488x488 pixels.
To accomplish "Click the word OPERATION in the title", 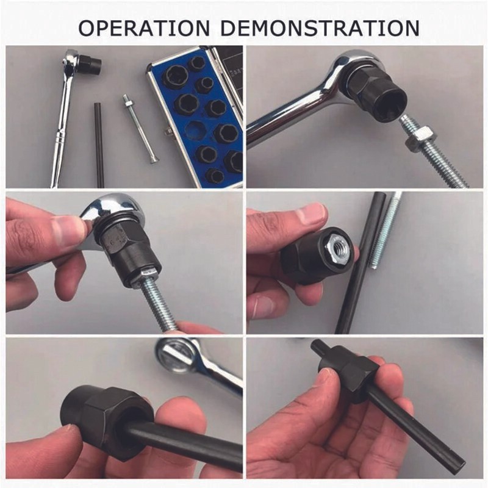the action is [x=144, y=28].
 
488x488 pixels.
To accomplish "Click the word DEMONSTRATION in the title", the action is [x=320, y=28].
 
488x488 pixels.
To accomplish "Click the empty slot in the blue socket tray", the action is [x=195, y=130].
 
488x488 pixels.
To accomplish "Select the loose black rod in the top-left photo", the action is [x=99, y=145].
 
